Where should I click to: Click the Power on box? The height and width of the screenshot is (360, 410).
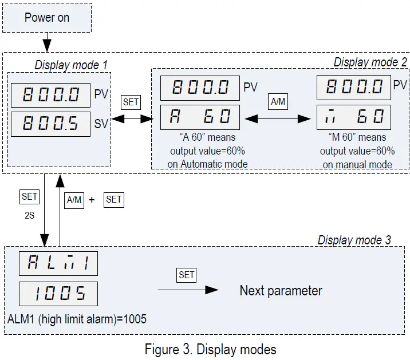[47, 17]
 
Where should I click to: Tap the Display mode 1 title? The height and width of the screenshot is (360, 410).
[71, 65]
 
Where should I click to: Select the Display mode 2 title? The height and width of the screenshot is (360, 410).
[370, 61]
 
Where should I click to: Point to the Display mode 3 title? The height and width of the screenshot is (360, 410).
[354, 240]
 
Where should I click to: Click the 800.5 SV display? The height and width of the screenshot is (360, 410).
[50, 124]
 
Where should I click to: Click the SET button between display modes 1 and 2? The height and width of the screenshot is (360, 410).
[131, 102]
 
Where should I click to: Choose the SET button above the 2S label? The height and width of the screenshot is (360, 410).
[29, 196]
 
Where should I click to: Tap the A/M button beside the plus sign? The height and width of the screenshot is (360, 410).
[74, 200]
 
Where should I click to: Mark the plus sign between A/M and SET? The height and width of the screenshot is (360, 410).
[92, 200]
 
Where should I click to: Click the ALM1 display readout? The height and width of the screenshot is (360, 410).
[58, 264]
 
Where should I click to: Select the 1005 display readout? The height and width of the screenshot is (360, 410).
[58, 294]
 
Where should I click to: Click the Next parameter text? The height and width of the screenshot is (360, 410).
[281, 291]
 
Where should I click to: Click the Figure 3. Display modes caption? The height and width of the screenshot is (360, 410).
[210, 349]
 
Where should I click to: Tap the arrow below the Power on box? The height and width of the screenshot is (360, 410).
[47, 42]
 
